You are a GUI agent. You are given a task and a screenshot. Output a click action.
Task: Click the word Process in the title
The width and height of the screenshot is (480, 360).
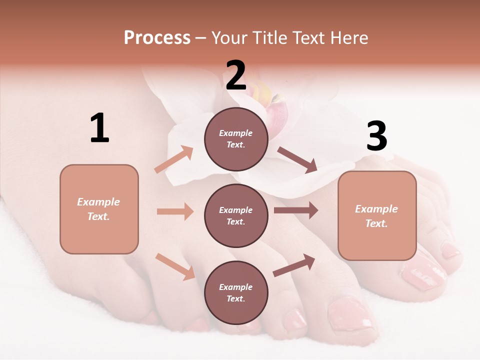coord(157,38)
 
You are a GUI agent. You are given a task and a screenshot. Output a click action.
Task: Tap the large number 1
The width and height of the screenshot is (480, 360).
coord(99,128)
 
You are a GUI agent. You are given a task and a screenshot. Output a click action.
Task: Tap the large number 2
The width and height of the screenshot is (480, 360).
coord(236,75)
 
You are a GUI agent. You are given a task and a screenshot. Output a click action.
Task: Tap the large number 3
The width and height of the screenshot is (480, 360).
coord(376,136)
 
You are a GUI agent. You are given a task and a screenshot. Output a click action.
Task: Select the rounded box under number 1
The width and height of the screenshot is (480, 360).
coord(99,209)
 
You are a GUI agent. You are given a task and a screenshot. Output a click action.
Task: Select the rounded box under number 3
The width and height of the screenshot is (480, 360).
coord(377,215)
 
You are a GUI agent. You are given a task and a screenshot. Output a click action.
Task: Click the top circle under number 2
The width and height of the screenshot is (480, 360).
coord(236,138)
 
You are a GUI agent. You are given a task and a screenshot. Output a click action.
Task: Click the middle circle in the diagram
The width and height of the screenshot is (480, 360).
coord(236,215)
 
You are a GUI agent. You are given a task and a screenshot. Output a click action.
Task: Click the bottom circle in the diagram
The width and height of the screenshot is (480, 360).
coord(236,292)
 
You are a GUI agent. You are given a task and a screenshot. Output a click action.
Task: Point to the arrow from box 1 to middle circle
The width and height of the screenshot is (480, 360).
coord(175,211)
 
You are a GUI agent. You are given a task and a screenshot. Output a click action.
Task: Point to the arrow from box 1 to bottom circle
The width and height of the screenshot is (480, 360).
coord(175,266)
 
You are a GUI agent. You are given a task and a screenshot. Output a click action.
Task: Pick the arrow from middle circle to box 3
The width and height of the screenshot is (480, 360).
coord(296,210)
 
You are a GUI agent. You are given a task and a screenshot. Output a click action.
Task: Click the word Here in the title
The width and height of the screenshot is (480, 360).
coord(348,38)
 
